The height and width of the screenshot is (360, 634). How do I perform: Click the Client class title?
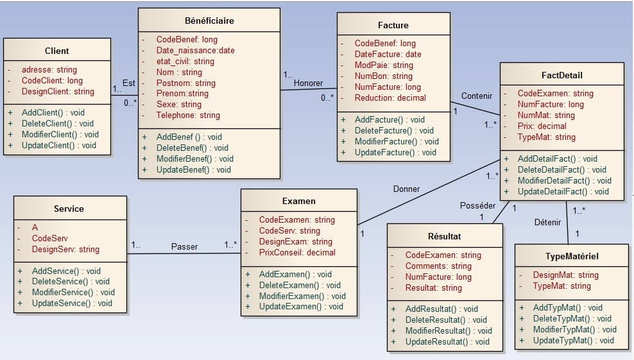tap(57, 51)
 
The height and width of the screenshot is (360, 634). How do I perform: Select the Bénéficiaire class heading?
tap(209, 21)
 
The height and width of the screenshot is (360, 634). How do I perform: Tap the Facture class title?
tap(393, 25)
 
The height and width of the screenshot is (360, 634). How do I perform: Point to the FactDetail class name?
tap(561, 75)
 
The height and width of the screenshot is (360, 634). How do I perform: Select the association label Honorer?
tap(308, 83)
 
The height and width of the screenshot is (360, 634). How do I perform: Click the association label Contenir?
tap(477, 96)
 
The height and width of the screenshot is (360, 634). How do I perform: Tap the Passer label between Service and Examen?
tap(185, 246)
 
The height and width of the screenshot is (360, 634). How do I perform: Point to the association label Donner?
tap(406, 189)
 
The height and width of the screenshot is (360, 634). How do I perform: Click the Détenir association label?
tap(547, 222)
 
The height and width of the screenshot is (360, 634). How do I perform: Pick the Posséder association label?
tap(477, 205)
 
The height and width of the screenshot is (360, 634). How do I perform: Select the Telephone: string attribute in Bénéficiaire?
tap(188, 116)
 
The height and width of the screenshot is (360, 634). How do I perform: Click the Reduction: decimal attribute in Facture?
tap(390, 98)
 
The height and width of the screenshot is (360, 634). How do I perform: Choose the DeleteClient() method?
tap(57, 123)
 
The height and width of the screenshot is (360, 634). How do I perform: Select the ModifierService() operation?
tap(73, 292)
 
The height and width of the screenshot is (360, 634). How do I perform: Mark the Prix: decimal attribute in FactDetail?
tap(542, 126)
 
